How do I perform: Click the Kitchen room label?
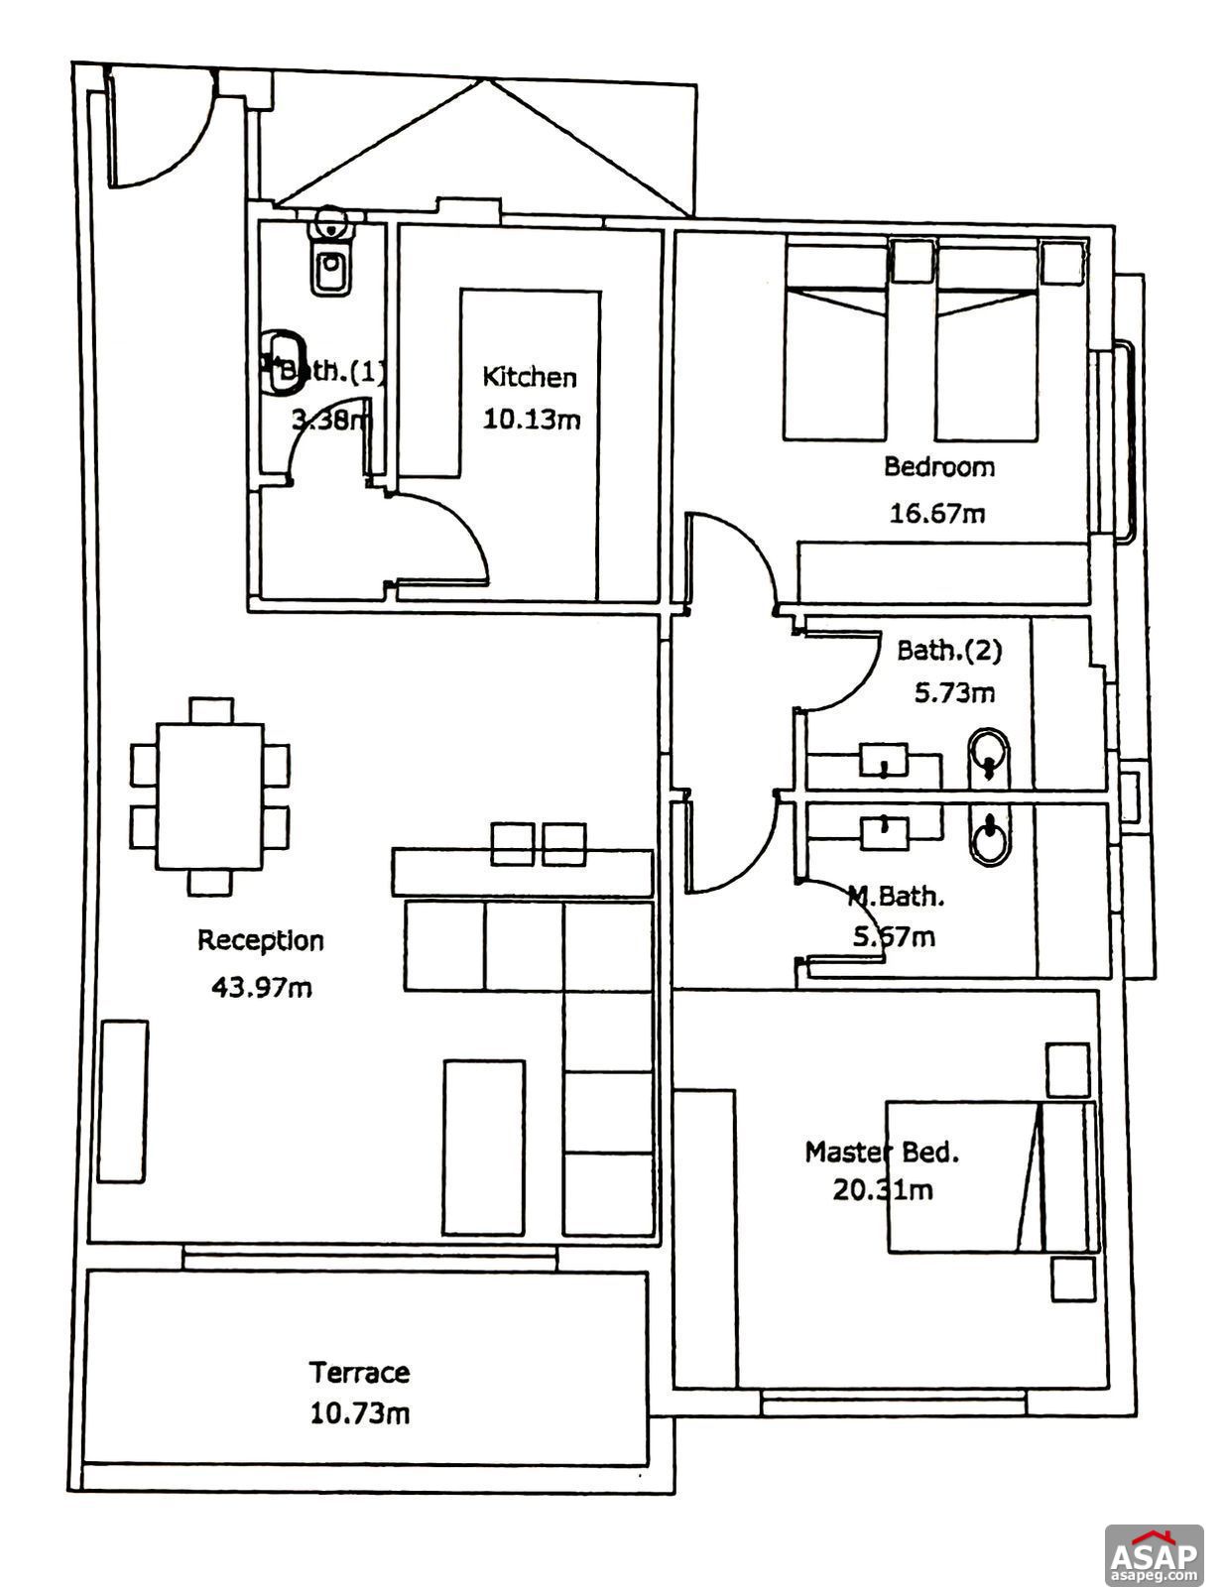coord(529,377)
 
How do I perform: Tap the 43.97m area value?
coord(262,987)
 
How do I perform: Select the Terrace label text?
coord(359,1373)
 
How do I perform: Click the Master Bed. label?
coord(881,1153)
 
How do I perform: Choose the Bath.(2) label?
coord(949,651)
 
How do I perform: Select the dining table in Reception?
coord(210,796)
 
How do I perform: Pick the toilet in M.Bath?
coord(988,838)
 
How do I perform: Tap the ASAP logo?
coord(1154,1553)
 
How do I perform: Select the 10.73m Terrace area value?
coord(359,1413)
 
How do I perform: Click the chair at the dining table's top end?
coord(210,710)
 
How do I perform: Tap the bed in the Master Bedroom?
coord(992,1176)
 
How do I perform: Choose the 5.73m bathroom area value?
coord(953,692)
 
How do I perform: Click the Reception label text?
coord(261,940)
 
